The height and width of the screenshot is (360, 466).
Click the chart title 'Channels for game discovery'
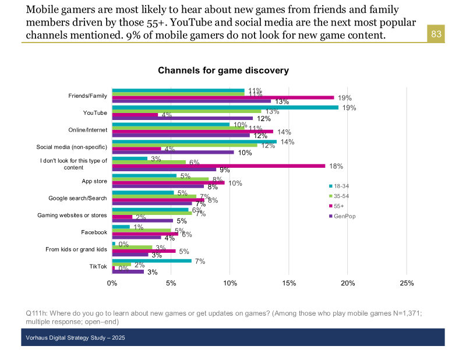click(223, 70)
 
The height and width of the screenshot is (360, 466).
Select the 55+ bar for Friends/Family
click(223, 97)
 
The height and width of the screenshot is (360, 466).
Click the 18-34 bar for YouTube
click(225, 107)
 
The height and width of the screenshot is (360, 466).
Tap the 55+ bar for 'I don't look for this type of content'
click(218, 165)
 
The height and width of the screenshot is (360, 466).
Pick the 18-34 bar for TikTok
click(151, 260)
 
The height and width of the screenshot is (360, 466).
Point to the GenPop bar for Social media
click(173, 153)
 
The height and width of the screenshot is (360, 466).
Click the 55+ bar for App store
click(168, 182)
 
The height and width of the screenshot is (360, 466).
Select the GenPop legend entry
click(344, 216)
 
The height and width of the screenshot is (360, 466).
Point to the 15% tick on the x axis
click(289, 283)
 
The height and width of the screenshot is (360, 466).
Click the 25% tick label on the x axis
click(407, 283)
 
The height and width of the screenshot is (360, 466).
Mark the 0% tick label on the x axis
click(112, 283)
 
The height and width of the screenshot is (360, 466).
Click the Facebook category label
click(94, 232)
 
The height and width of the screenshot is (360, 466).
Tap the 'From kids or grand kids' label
click(76, 249)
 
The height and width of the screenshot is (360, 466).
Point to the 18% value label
click(336, 166)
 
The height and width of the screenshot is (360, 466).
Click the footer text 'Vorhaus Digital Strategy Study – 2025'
click(76, 338)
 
